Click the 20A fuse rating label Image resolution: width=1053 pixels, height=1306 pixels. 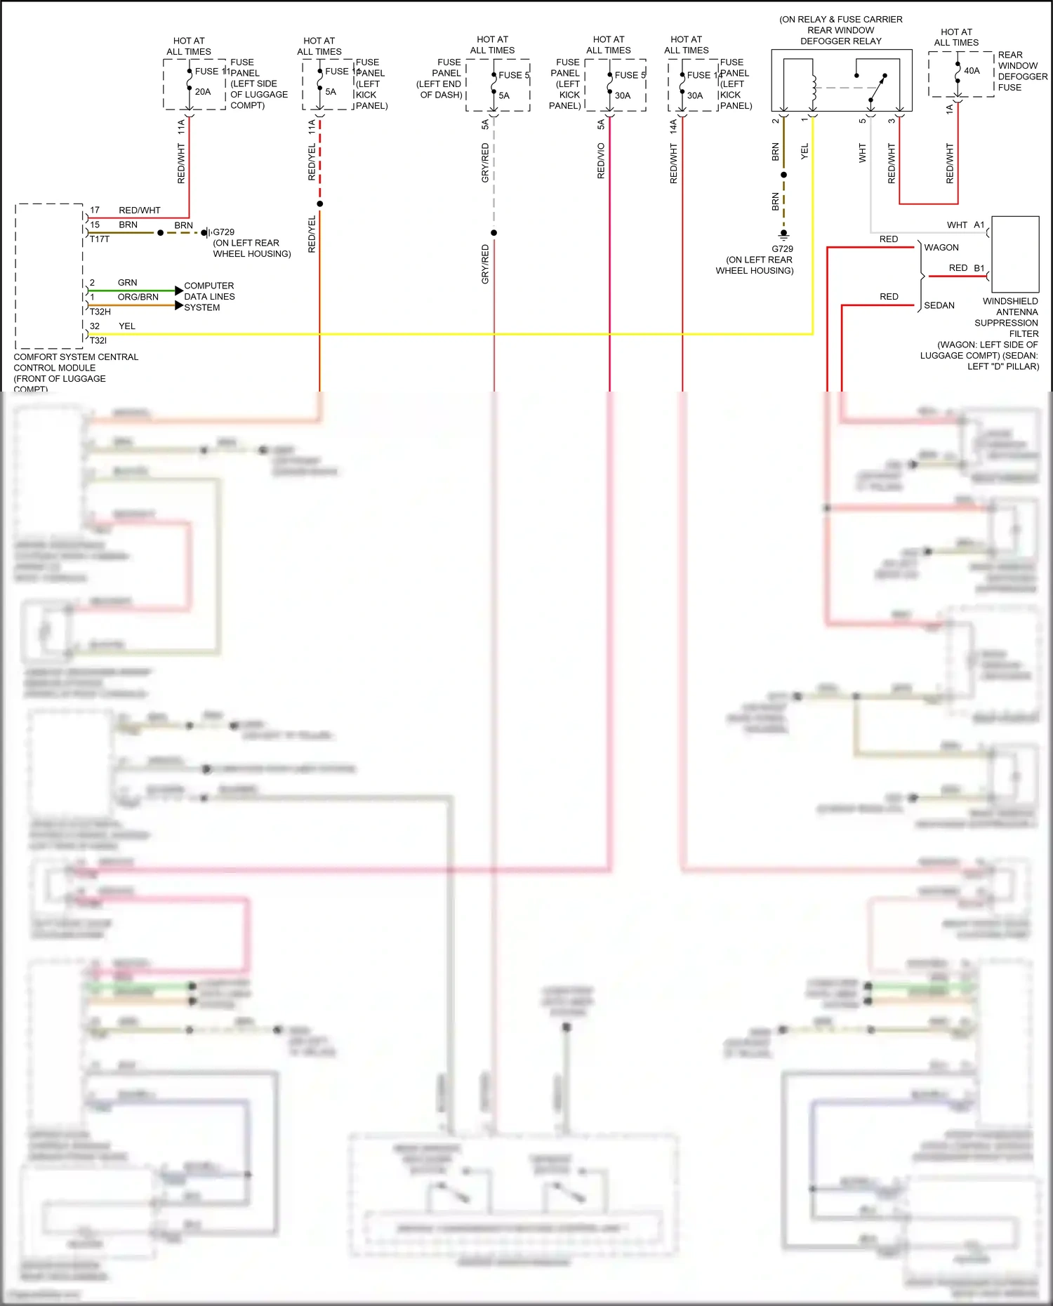(x=203, y=92)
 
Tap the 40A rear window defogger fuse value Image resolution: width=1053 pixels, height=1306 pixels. (x=972, y=71)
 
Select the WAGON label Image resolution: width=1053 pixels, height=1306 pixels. (x=941, y=248)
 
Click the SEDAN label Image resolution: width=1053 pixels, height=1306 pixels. (x=939, y=305)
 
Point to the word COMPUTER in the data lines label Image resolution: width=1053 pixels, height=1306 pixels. (x=208, y=286)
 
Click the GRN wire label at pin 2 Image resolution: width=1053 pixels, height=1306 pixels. (x=127, y=282)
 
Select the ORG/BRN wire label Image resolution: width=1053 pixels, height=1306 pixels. (x=138, y=297)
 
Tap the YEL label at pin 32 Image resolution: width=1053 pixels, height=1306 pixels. (x=126, y=326)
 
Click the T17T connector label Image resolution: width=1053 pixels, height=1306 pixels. (x=99, y=239)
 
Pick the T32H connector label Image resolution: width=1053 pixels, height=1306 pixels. (x=100, y=312)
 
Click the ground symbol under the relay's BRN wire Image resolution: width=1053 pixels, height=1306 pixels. (x=783, y=234)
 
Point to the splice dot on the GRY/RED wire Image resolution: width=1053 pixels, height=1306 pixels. (x=494, y=233)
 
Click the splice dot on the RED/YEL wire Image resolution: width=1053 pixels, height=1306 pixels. (x=319, y=204)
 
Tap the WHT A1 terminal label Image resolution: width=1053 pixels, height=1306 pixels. (x=965, y=225)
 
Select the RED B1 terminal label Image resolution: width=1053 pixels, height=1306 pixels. (x=966, y=268)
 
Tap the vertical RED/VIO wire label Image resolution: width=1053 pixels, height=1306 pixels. (x=601, y=161)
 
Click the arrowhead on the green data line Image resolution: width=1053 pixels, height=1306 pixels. (x=178, y=291)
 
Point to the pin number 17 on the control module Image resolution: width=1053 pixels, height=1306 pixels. (x=95, y=210)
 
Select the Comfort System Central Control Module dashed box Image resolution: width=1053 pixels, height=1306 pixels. (x=48, y=276)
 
